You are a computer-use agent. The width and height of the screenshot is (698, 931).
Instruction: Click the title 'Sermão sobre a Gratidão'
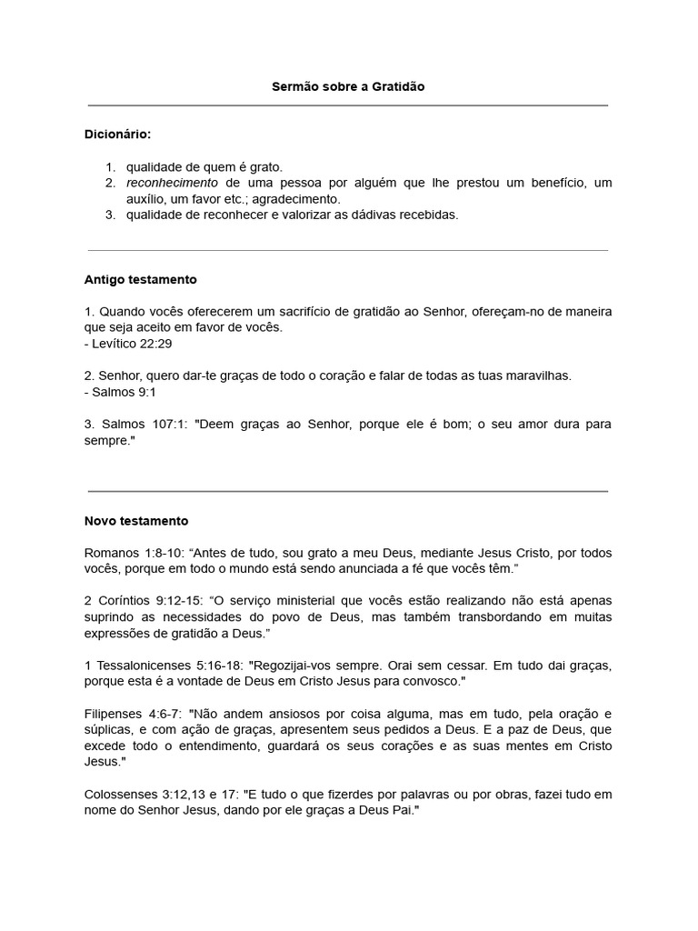[x=348, y=86]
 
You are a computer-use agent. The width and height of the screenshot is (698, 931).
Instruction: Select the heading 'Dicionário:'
[x=118, y=135]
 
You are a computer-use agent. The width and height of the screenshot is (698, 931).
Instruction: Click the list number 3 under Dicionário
[x=110, y=215]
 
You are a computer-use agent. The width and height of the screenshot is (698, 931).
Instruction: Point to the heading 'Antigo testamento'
[x=140, y=279]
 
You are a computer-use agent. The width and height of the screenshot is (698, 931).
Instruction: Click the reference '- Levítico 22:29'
[x=128, y=343]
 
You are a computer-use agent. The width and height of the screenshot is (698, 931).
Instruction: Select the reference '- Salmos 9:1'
[x=121, y=392]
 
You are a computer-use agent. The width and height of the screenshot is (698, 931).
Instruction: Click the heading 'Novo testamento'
[x=136, y=521]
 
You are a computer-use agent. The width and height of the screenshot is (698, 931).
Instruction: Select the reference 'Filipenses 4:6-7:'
[x=134, y=714]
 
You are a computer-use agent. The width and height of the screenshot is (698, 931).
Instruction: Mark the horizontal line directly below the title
[x=348, y=105]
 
